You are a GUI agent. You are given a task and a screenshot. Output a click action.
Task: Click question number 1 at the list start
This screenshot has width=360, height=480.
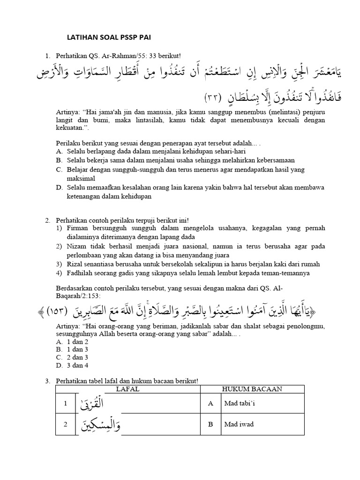coord(47,56)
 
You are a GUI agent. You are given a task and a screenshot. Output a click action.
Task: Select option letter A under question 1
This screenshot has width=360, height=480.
coord(59,151)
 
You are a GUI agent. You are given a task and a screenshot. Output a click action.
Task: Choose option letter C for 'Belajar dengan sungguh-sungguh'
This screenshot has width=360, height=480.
coord(59,170)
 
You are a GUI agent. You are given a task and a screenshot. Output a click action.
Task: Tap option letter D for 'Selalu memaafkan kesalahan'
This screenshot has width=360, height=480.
coord(59,188)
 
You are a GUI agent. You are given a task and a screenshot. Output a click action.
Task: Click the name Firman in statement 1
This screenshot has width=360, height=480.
coord(77,228)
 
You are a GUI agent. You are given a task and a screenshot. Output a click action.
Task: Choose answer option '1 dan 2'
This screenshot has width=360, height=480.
coord(77,342)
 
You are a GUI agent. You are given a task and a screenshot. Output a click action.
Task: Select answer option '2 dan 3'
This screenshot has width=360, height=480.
coord(77,358)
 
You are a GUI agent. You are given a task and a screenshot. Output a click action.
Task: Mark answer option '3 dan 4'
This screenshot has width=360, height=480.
coord(77,366)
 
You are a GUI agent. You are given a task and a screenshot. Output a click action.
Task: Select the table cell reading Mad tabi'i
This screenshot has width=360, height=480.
coord(253,403)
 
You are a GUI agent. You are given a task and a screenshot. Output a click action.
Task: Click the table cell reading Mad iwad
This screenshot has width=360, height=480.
coord(252,424)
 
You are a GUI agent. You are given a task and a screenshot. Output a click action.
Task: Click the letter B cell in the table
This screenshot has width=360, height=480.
coord(211,424)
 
